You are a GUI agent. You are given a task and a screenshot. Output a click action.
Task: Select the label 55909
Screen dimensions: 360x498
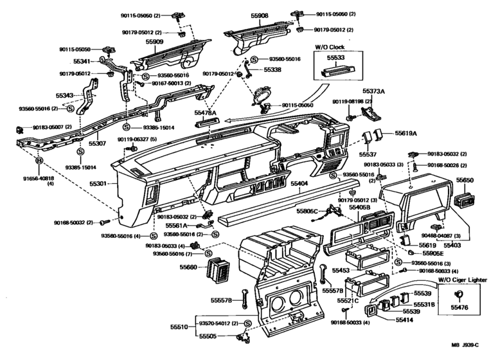154,42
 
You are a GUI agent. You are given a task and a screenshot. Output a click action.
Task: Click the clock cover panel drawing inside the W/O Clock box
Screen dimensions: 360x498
337,70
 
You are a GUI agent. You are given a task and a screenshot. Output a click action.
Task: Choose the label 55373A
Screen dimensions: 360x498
373,92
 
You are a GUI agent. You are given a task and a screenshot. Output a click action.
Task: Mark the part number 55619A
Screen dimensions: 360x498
405,133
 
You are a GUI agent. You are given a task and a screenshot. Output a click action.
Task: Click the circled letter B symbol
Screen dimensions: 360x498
39,161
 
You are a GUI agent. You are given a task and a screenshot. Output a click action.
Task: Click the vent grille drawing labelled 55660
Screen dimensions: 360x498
217,272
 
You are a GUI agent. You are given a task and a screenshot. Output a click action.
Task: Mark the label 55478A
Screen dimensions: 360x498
206,113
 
